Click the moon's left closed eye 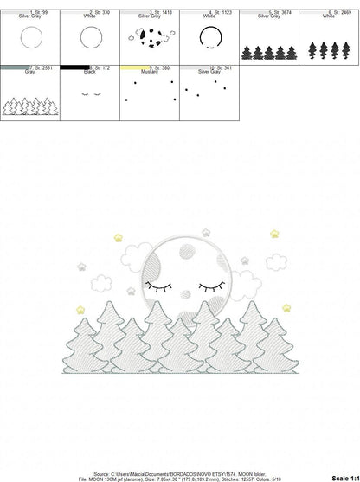point(160,285)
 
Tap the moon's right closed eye point(212,285)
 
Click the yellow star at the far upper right point(274,234)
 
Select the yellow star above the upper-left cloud point(118,237)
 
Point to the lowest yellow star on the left point(80,309)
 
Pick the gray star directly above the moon point(207,233)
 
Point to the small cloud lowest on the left point(100,282)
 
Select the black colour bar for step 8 point(75,67)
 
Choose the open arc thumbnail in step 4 point(209,37)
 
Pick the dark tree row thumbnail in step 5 point(268,52)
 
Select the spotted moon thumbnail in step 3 point(149,37)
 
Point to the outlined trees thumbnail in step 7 point(30,106)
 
